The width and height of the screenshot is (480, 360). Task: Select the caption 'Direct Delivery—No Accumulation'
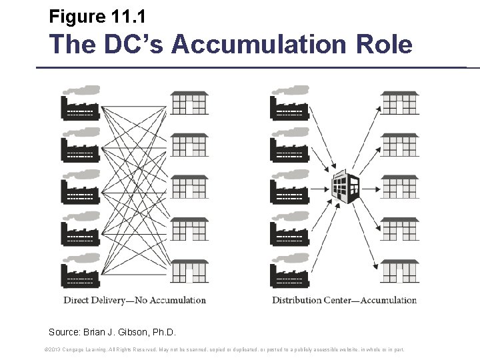point(135,300)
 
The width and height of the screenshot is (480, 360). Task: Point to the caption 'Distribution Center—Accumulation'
point(344,300)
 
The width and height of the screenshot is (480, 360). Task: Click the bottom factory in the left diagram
point(80,273)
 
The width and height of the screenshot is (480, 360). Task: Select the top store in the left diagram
point(189,103)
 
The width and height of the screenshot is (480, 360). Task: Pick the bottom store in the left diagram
point(189,272)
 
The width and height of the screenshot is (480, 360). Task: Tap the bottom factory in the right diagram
point(289,273)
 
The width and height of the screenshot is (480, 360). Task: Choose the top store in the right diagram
point(399,103)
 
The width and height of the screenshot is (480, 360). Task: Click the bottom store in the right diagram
point(399,272)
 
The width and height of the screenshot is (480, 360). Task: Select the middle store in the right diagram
point(399,188)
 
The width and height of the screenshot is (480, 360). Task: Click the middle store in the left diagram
point(189,188)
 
